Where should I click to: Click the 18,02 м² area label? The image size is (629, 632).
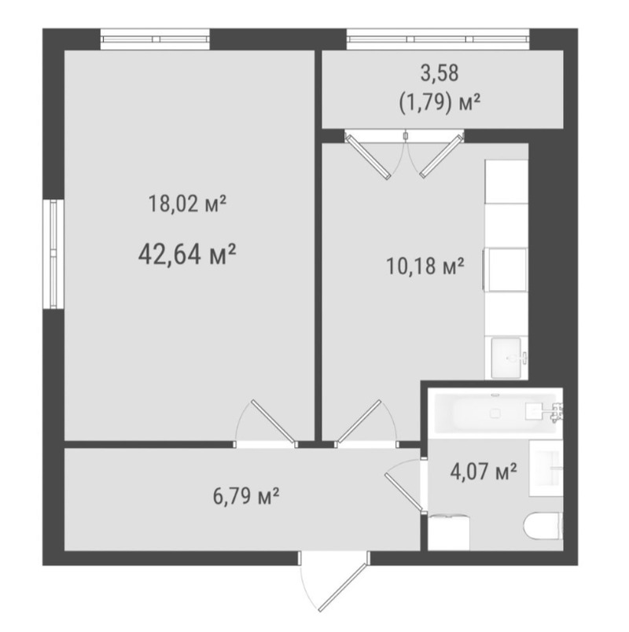187,204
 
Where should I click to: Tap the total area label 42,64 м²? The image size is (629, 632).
186,255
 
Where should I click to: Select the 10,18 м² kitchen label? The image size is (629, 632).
425,266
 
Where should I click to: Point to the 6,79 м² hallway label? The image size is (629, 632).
246,496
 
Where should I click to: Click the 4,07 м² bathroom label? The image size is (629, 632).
484,471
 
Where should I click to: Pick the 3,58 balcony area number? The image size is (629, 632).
440,73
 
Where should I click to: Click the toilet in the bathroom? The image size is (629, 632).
543,525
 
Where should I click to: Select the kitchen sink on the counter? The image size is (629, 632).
506,358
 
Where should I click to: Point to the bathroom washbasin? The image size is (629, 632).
546,468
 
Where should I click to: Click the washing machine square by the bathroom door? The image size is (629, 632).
449,533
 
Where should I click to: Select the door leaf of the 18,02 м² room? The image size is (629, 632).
273,421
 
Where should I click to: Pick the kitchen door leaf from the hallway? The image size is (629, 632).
359,421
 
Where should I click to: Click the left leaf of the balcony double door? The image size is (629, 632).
368,157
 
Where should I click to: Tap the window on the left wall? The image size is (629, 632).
53,254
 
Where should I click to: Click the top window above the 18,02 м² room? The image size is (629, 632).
155,39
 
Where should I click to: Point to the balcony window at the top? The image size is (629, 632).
438,39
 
